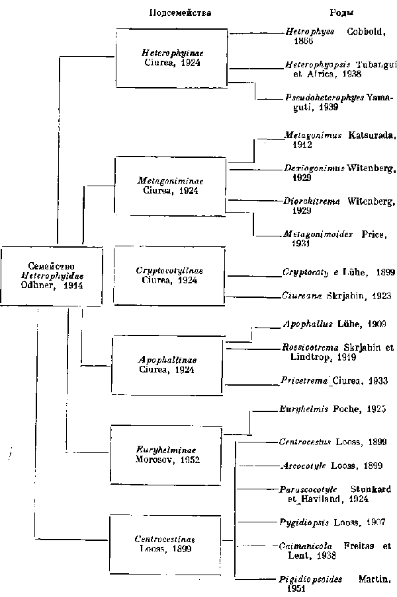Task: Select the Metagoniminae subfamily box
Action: coord(171,185)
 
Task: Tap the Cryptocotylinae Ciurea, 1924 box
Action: coord(169,275)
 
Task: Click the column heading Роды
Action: coord(341,13)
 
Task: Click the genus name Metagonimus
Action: coord(312,135)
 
